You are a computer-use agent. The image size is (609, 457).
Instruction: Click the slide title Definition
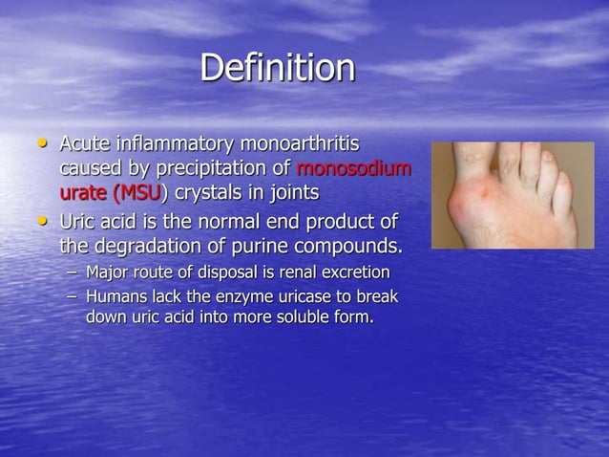pyautogui.click(x=277, y=69)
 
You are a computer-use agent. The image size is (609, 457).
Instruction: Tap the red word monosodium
pyautogui.click(x=354, y=169)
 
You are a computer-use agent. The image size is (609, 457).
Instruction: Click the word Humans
pyautogui.click(x=114, y=297)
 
